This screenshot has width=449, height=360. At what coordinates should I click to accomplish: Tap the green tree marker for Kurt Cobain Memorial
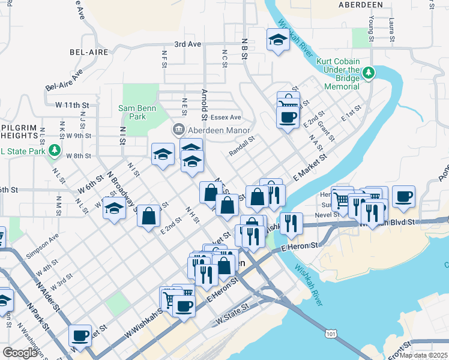tap(369, 73)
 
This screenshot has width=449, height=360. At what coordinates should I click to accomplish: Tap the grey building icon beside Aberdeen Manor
tap(178, 130)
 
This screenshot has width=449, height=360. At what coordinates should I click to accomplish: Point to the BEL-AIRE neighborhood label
tap(89, 52)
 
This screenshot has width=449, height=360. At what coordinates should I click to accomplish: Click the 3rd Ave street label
tap(187, 44)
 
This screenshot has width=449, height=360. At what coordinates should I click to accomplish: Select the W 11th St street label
tap(71, 105)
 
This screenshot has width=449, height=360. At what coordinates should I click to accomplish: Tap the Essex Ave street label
tap(226, 117)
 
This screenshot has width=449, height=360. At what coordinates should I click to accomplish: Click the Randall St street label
tap(242, 146)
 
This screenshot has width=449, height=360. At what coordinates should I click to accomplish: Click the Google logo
tap(20, 352)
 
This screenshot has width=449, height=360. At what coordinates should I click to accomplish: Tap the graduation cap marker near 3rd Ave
tap(277, 41)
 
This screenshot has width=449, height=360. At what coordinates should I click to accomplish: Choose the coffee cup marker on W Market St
tap(80, 336)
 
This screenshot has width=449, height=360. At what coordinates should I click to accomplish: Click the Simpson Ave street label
tap(46, 240)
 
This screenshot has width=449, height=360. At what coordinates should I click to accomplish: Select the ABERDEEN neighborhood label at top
tap(361, 4)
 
